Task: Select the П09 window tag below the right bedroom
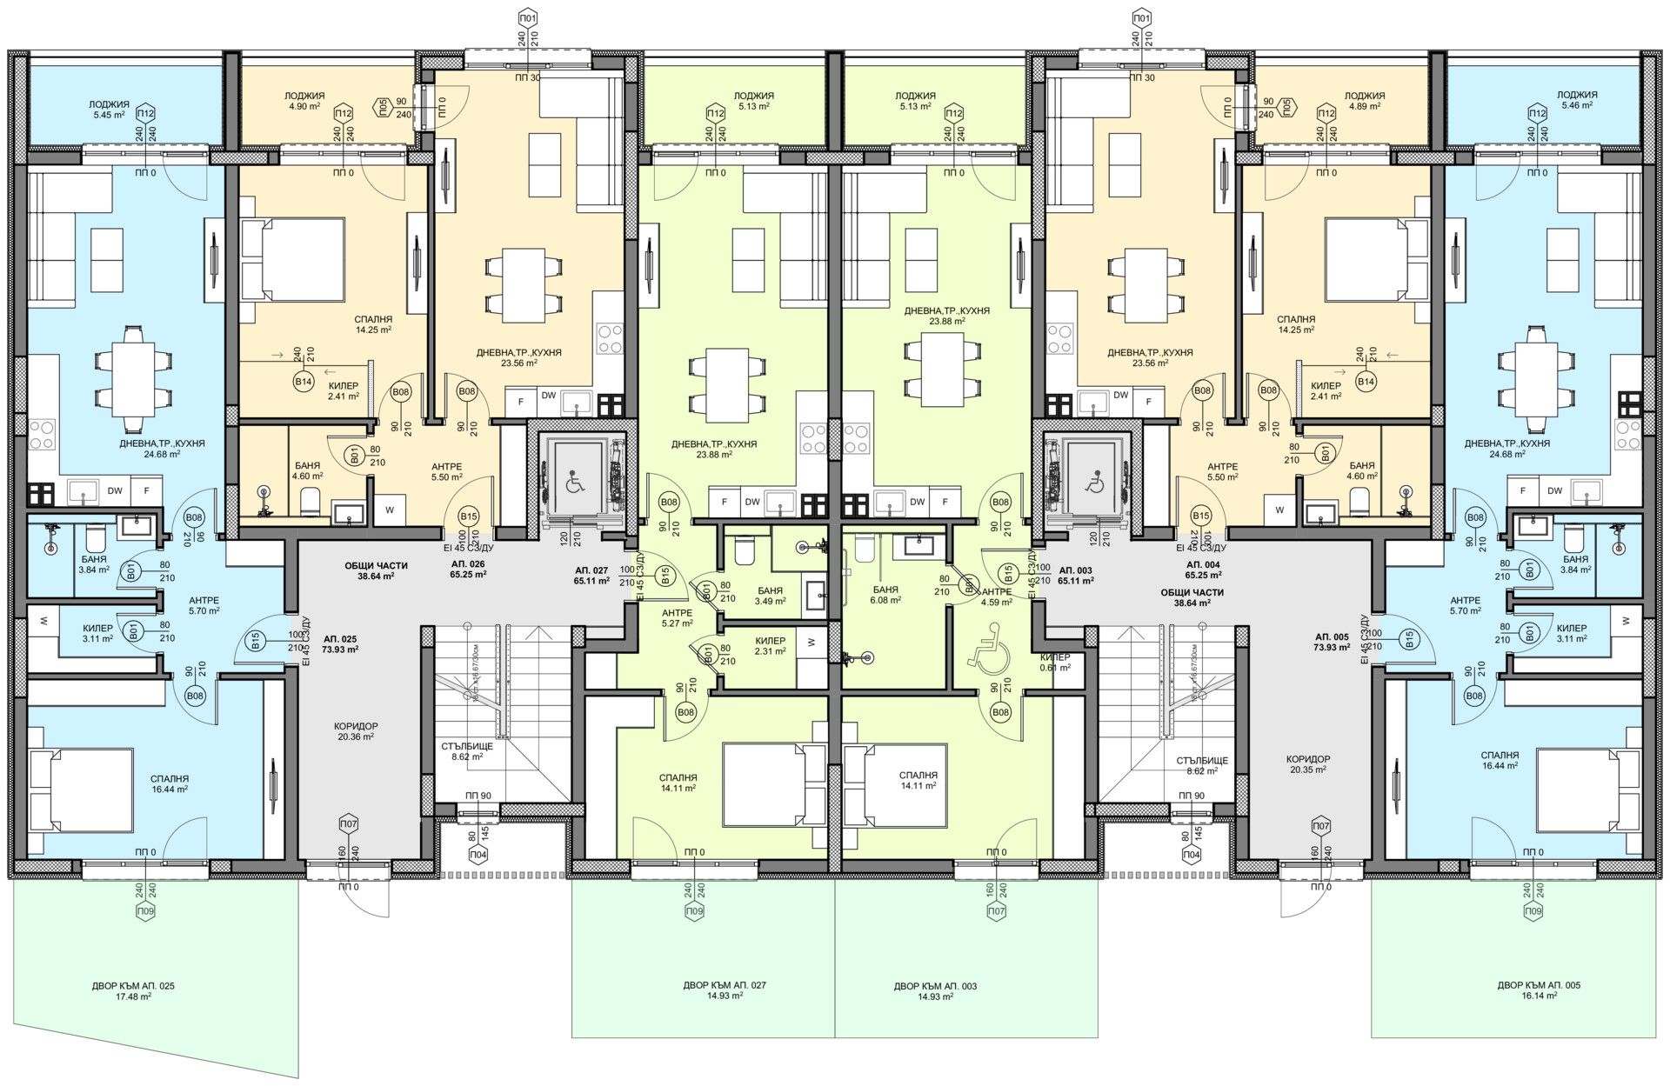(1533, 911)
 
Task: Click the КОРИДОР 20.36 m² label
(356, 731)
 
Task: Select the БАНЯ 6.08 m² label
(885, 595)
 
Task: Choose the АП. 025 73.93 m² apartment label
(339, 643)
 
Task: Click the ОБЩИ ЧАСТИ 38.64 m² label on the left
(376, 570)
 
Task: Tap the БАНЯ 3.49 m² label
(770, 595)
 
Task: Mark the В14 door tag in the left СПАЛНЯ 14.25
(303, 382)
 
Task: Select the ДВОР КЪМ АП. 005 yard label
(1539, 991)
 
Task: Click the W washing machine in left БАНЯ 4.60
(389, 510)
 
